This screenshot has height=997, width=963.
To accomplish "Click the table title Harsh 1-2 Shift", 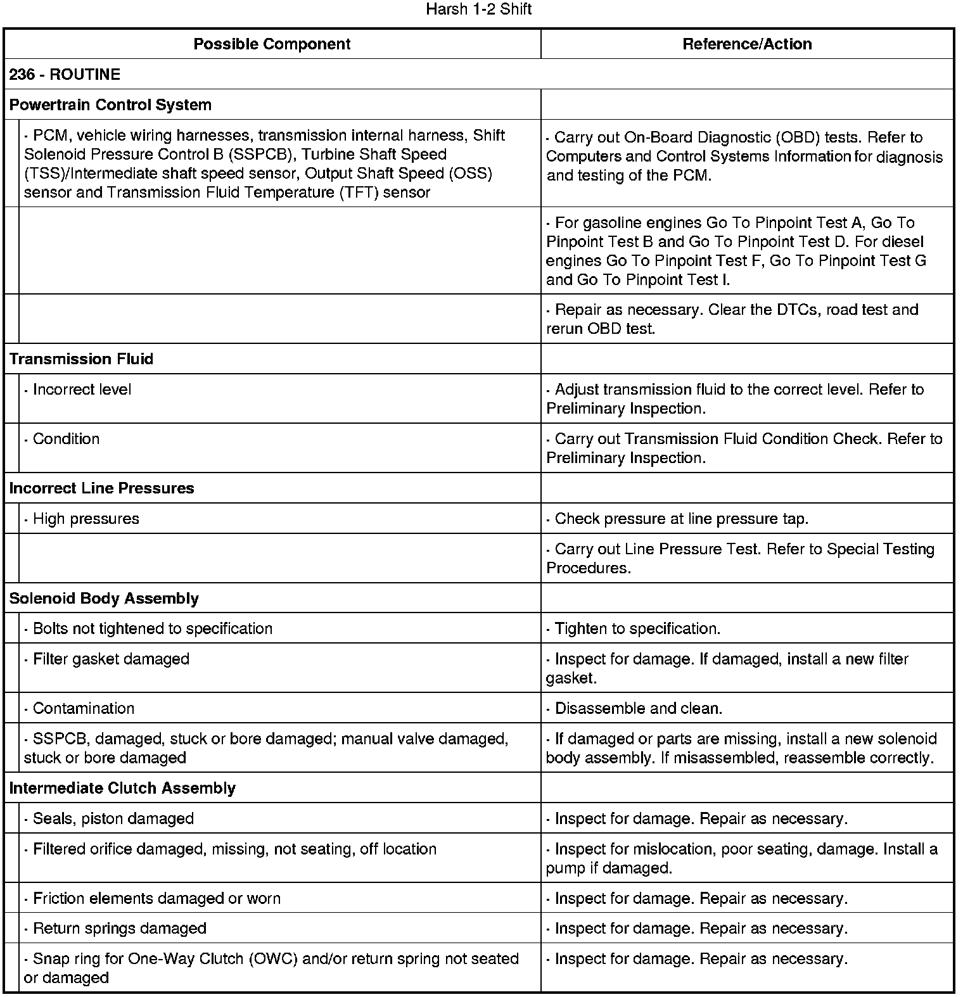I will pyautogui.click(x=478, y=10).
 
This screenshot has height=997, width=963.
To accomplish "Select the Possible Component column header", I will pyautogui.click(x=272, y=44).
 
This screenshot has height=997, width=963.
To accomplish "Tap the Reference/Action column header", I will pyautogui.click(x=747, y=44).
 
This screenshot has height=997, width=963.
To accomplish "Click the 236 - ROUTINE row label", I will pyautogui.click(x=65, y=74).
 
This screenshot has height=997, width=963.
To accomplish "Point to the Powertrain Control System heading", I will pyautogui.click(x=110, y=105).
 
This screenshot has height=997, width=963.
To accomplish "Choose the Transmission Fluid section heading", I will pyautogui.click(x=81, y=359).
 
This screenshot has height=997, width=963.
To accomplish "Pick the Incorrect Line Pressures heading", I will pyautogui.click(x=101, y=488).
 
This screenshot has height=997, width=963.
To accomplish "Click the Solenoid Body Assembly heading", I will pyautogui.click(x=104, y=599).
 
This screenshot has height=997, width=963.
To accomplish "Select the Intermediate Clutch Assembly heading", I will pyautogui.click(x=122, y=788).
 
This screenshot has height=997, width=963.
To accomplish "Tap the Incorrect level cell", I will pyautogui.click(x=82, y=390).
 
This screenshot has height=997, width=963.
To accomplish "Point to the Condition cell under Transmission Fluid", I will pyautogui.click(x=66, y=439).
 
